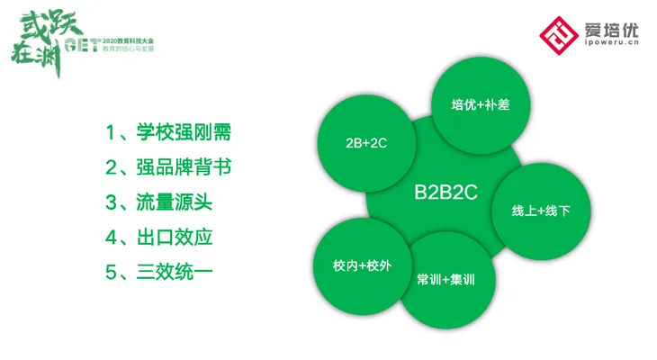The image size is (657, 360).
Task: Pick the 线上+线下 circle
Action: (x=541, y=211)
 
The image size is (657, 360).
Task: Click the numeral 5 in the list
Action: (x=111, y=274)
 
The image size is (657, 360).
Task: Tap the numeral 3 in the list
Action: (x=111, y=203)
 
